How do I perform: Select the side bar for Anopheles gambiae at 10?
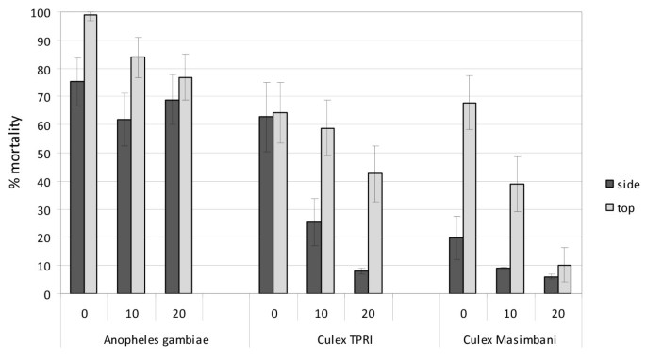pos(124,206)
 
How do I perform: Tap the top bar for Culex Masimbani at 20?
pos(565,280)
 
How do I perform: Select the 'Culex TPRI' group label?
pos(321,338)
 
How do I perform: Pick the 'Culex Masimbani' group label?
pos(510,338)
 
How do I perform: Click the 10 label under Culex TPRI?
pos(321,311)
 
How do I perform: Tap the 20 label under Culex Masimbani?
pos(558,311)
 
